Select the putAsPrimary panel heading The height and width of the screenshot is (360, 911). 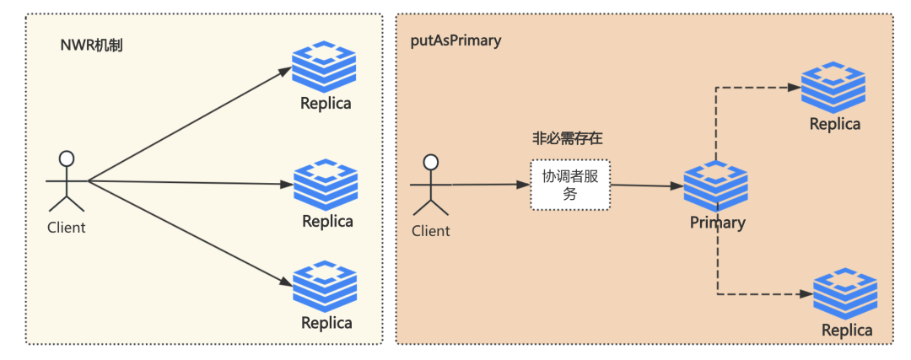click(455, 40)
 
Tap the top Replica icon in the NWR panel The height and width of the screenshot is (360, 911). click(325, 68)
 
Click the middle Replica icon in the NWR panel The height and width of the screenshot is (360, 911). click(326, 184)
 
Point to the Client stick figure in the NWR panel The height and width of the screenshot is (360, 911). click(66, 180)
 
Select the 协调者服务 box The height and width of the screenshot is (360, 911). click(570, 185)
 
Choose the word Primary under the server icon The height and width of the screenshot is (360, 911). click(717, 223)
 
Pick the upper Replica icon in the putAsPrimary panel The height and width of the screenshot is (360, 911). click(833, 87)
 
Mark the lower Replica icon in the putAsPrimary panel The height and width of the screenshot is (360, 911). click(845, 294)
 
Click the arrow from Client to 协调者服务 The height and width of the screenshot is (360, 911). click(489, 185)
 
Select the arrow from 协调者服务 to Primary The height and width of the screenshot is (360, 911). click(645, 186)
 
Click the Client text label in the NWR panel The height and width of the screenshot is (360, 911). click(66, 228)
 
